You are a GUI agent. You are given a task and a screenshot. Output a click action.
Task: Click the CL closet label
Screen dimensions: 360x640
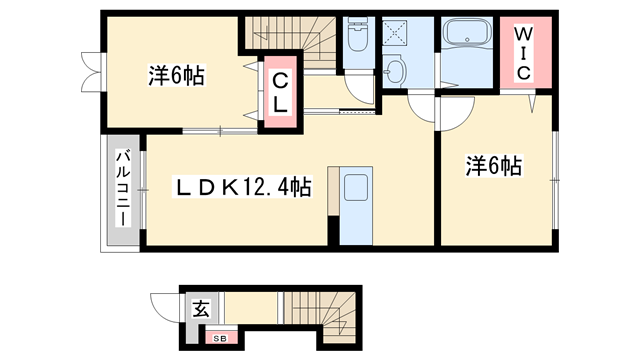tap(280, 91)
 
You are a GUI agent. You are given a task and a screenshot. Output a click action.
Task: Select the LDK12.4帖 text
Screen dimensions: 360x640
tap(243, 187)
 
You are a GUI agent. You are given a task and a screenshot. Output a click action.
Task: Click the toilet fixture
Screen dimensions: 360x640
tap(357, 39)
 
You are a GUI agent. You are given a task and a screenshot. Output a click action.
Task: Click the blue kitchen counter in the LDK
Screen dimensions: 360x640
tap(355, 206)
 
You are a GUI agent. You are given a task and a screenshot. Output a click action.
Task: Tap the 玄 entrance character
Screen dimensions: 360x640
tap(199, 310)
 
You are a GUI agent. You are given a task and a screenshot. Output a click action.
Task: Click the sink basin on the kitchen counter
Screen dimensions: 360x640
tap(355, 189)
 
